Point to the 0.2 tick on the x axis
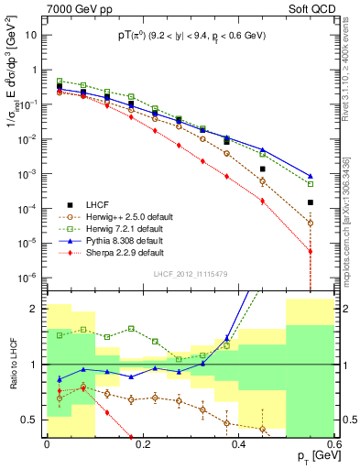click(x=142, y=444)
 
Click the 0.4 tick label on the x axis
click(x=238, y=444)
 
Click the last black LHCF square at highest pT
click(x=311, y=202)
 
